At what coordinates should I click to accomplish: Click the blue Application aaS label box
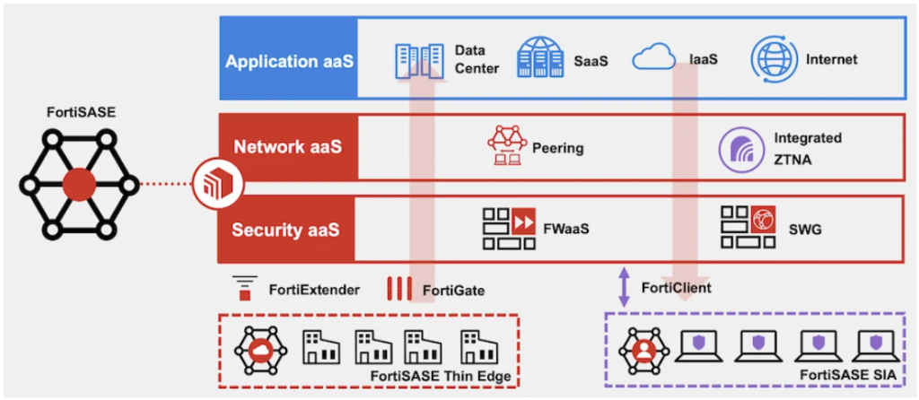[x=289, y=62]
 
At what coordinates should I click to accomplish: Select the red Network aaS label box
[x=289, y=146]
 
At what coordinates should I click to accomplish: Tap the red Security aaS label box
[x=289, y=230]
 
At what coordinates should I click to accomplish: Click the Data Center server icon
[x=418, y=60]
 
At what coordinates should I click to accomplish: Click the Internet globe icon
[x=773, y=59]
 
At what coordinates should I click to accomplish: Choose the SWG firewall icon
[x=747, y=229]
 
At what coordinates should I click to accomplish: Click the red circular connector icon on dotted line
[x=208, y=187]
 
